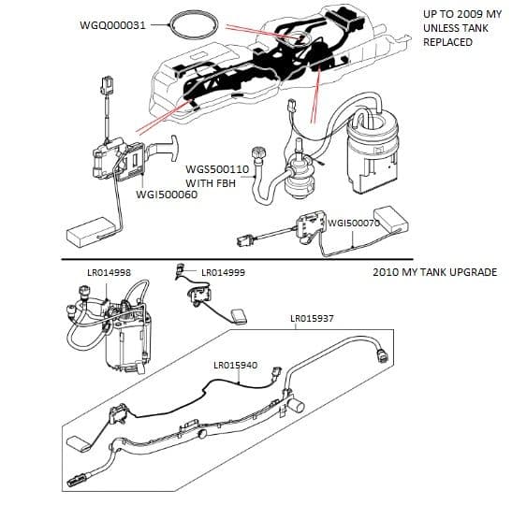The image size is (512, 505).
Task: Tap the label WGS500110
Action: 217,169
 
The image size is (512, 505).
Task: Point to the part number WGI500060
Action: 167,195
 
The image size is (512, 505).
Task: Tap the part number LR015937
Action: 313,320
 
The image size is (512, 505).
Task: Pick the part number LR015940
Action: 235,365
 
